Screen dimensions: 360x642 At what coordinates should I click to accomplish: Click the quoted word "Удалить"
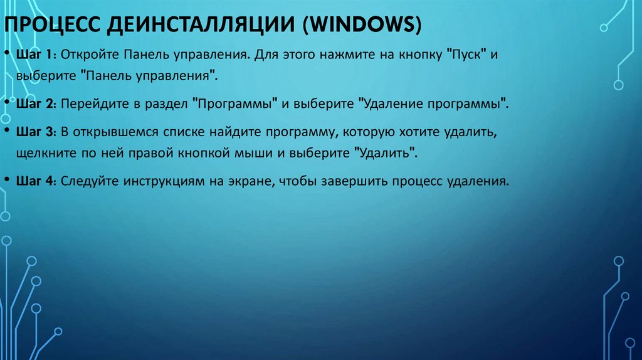click(x=385, y=152)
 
